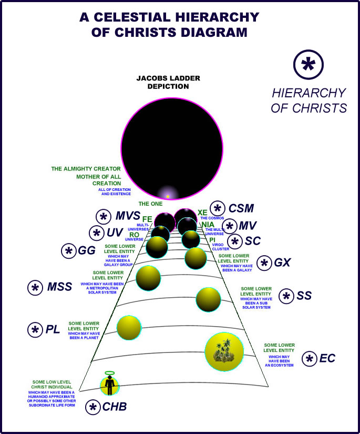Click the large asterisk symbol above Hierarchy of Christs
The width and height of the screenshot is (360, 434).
[x=308, y=65]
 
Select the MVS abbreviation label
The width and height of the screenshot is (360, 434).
[x=128, y=216]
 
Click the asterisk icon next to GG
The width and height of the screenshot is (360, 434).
[x=69, y=251]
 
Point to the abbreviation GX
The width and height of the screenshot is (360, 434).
[x=282, y=263]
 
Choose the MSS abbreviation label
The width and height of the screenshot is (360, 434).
[x=59, y=287]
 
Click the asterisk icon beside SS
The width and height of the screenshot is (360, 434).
[x=286, y=296]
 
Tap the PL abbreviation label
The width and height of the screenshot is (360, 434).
[x=53, y=330]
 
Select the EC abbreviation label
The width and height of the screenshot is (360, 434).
[x=327, y=359]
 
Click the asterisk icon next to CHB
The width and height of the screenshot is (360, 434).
[x=94, y=407]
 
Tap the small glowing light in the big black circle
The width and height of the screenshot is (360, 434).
[x=168, y=196]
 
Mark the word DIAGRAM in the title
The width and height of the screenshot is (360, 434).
[x=212, y=32]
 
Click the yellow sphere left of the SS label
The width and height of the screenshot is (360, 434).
[x=208, y=300]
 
